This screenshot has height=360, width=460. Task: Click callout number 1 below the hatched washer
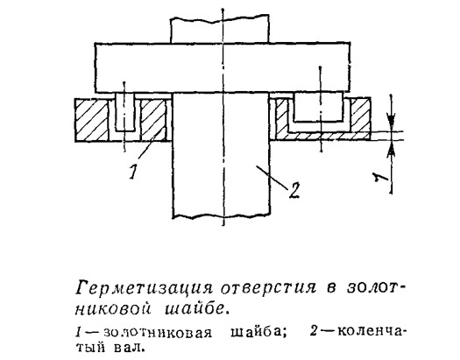pyautogui.click(x=133, y=172)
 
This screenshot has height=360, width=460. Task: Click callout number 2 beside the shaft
pyautogui.click(x=294, y=191)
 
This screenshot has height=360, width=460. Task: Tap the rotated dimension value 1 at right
pyautogui.click(x=380, y=177)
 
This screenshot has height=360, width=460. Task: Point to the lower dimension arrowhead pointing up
pyautogui.click(x=391, y=149)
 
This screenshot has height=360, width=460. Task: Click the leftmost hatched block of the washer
pyautogui.click(x=91, y=120)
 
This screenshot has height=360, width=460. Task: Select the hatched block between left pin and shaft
pyautogui.click(x=153, y=120)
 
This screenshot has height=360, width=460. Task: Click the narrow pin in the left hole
pyautogui.click(x=125, y=112)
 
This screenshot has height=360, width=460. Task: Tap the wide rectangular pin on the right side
pyautogui.click(x=318, y=107)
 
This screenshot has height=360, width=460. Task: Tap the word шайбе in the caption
pyautogui.click(x=195, y=308)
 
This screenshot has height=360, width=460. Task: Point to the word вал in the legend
pyautogui.click(x=129, y=349)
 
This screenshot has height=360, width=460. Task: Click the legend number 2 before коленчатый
pyautogui.click(x=314, y=332)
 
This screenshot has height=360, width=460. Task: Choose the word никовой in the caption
pyautogui.click(x=113, y=309)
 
